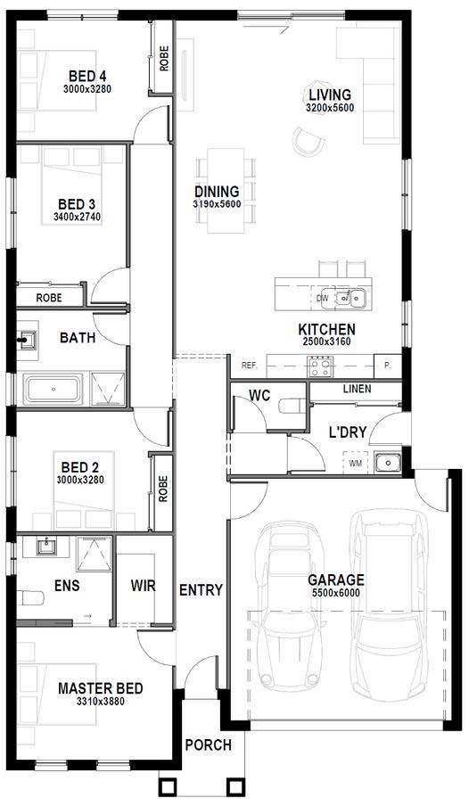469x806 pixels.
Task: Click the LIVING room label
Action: [x=330, y=95]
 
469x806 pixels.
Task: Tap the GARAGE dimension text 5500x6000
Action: [x=336, y=593]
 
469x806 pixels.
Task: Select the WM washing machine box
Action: [x=356, y=463]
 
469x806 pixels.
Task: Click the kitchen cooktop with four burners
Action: [x=321, y=367]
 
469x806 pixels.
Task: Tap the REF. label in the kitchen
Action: [x=250, y=366]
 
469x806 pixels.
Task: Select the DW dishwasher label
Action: [x=323, y=298]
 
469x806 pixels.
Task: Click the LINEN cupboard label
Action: [x=357, y=389]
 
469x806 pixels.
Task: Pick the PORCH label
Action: [x=209, y=744]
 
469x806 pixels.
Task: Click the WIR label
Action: [x=143, y=586]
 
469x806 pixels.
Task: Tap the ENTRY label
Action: [x=202, y=590]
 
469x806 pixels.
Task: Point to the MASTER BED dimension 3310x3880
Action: [x=100, y=701]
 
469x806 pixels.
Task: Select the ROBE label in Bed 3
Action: [x=49, y=298]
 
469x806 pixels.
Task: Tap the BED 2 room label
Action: [x=79, y=468]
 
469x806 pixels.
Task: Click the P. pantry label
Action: [x=388, y=366]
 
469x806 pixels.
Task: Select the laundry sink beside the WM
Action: [x=388, y=463]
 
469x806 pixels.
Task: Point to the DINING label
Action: [x=217, y=192]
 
